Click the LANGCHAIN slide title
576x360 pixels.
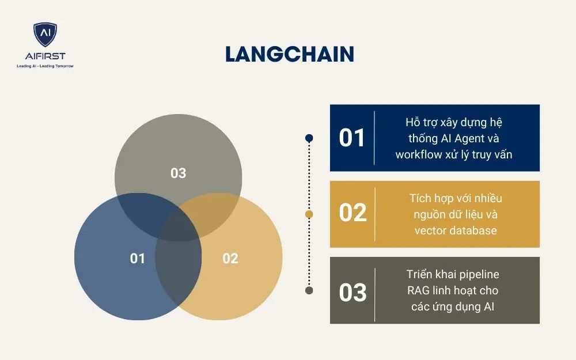289,54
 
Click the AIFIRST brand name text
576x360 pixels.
45,56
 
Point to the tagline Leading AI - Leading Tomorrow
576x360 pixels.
45,66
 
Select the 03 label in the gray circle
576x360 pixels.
179,173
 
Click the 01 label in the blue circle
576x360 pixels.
138,259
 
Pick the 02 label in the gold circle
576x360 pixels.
230,259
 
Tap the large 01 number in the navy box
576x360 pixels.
352,138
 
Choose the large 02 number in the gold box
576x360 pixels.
353,213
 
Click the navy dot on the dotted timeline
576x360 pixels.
309,138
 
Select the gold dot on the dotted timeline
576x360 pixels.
309,214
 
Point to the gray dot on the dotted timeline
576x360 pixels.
309,290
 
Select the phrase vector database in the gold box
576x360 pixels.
455,230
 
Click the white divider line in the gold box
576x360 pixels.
375,214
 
